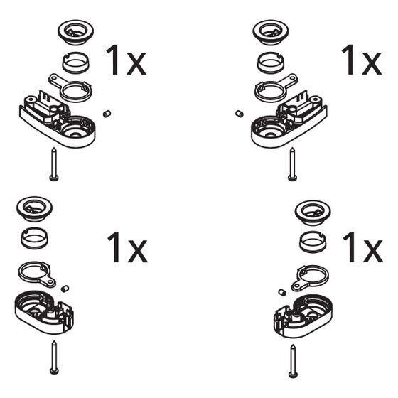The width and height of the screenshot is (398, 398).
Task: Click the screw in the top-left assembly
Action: [54, 164]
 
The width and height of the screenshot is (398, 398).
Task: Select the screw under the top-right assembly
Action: [293, 164]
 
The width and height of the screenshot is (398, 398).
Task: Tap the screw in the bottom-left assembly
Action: [54, 357]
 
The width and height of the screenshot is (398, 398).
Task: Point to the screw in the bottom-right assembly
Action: [293, 361]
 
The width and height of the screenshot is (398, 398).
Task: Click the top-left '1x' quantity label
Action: [127, 60]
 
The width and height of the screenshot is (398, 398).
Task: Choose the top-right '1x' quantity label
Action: [362, 60]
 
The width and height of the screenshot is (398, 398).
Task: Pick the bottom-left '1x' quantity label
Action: [127, 248]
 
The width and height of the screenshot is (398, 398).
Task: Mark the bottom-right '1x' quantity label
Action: [362, 248]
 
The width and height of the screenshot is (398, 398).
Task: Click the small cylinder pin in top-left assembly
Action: [107, 114]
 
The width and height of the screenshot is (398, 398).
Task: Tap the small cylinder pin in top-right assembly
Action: [240, 114]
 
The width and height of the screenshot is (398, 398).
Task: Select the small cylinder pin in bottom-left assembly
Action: [65, 289]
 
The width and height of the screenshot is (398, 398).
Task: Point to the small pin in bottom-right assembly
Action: [282, 292]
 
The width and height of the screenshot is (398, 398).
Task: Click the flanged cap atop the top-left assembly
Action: [75, 33]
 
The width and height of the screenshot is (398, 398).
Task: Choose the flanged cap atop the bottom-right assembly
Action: [313, 213]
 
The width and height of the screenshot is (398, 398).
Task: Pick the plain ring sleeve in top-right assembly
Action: [271, 63]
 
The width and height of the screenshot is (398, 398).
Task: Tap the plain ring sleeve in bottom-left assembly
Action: [35, 238]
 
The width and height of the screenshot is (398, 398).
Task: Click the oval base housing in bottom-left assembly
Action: [44, 312]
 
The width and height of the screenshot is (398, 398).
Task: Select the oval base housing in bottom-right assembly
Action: [303, 316]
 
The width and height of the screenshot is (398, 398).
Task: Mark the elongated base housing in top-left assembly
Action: [58, 122]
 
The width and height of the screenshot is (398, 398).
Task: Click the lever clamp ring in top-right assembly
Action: [276, 88]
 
